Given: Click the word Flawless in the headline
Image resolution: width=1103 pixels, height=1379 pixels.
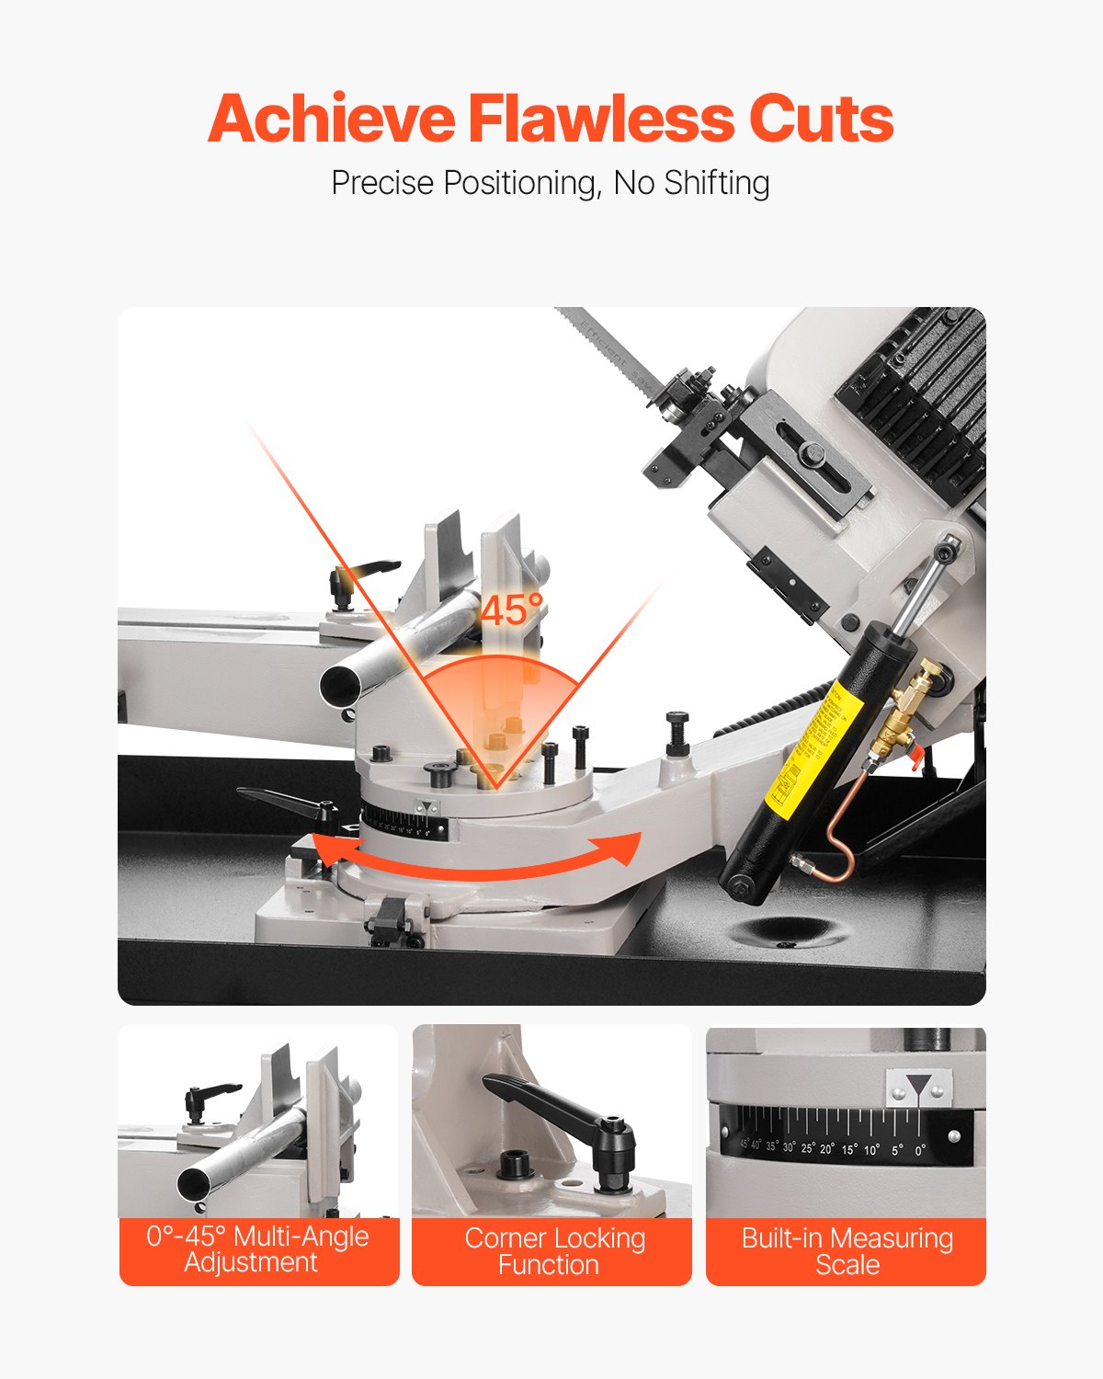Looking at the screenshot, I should point(601,120).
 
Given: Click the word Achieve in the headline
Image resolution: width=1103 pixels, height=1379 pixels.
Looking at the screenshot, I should point(331,120).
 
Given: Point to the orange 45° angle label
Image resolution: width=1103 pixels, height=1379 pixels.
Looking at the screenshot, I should point(511,610).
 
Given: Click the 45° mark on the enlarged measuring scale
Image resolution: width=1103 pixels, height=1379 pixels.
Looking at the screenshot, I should point(745,1145).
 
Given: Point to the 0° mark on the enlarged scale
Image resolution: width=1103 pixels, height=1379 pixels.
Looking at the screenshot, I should point(920,1149).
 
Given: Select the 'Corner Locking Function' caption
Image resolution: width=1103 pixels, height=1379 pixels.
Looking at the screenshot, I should point(551,1251).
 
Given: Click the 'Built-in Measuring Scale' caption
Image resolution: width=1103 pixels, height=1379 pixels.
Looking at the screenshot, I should point(847,1251).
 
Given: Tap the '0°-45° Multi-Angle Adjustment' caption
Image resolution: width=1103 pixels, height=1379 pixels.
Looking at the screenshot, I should point(257,1249).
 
